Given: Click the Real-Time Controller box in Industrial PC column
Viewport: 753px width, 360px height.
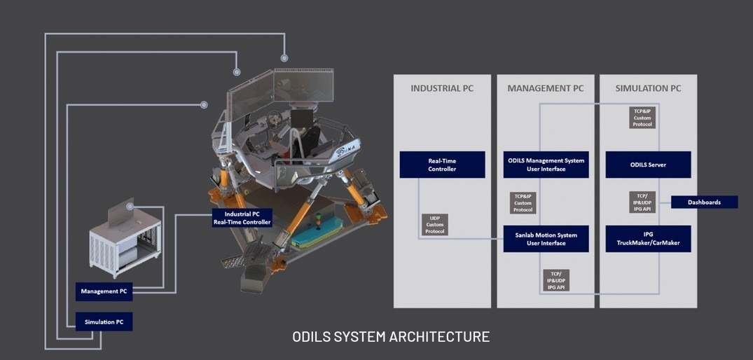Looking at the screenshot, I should [442, 165].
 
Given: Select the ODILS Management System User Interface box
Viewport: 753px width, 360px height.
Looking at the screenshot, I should [545, 165].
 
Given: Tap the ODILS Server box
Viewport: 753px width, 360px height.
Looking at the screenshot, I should [648, 165].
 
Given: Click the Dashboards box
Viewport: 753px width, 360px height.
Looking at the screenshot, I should [704, 202].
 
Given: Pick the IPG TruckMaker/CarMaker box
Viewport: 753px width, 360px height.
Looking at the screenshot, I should [648, 239].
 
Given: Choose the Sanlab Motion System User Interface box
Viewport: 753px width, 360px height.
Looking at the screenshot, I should [545, 239].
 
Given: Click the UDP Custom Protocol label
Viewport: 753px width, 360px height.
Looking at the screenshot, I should [435, 224].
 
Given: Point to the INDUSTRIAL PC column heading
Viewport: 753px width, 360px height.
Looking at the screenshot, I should [442, 88].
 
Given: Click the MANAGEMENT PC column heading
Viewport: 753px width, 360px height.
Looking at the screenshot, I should [545, 88].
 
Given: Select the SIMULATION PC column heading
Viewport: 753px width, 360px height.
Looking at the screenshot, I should [648, 88].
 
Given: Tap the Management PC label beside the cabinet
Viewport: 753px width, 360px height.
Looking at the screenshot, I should [104, 291].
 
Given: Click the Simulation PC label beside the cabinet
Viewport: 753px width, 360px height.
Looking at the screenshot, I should [104, 321].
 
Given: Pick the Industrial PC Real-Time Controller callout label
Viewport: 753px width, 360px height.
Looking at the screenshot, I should [242, 218].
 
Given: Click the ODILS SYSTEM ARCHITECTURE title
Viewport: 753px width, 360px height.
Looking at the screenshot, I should [391, 336].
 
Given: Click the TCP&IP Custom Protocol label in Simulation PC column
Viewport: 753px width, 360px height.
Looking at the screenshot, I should [642, 117].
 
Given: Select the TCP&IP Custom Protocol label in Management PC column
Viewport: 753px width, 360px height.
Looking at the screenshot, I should [523, 203].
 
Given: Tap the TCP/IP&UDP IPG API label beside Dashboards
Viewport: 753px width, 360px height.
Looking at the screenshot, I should [642, 202].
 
